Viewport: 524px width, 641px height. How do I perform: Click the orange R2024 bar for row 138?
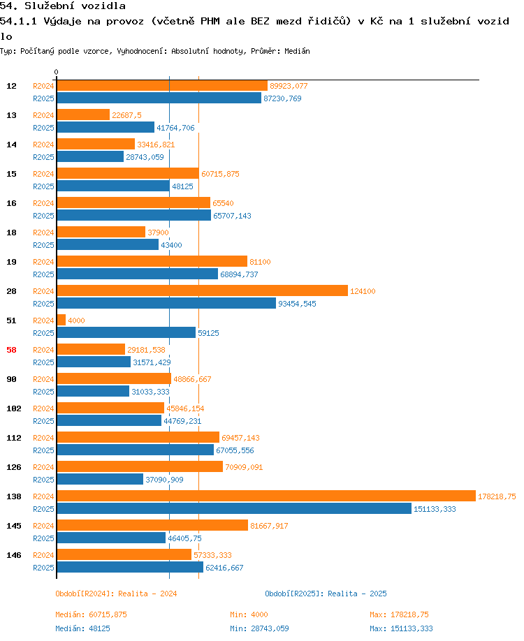tap(266, 496)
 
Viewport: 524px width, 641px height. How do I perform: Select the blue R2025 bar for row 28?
tap(166, 303)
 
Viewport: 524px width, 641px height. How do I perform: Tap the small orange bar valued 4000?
tap(61, 320)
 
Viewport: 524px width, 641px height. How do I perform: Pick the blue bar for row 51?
tap(126, 332)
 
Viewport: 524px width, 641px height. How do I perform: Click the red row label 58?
tap(11, 350)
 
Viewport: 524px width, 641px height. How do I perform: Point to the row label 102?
tap(14, 408)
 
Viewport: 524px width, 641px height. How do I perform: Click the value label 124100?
tap(363, 291)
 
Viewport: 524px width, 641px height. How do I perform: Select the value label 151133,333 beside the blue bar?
tap(435, 509)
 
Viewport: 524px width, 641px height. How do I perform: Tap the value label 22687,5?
tap(126, 115)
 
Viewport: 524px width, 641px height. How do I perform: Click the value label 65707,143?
tap(232, 216)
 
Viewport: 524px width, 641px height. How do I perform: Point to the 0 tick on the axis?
tap(56, 72)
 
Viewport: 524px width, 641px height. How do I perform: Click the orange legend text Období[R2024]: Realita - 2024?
tap(116, 594)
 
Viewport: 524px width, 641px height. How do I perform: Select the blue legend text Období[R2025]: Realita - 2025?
tap(326, 594)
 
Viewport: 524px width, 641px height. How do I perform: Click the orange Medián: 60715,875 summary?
tap(92, 614)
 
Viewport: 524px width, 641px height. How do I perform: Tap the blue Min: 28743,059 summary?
tap(259, 628)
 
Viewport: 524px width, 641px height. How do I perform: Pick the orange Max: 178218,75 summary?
tap(399, 614)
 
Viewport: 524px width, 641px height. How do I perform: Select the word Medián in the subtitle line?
tap(297, 51)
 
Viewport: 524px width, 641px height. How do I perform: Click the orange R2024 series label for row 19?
tap(43, 262)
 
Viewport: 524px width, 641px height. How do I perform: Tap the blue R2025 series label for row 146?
tap(43, 568)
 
